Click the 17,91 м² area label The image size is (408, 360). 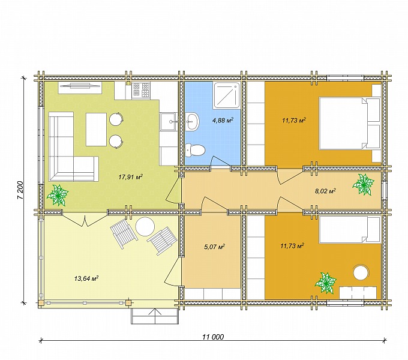(131, 177)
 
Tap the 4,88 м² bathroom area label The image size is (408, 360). (223, 120)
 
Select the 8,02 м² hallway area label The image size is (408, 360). (325, 191)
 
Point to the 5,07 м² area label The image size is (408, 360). (215, 247)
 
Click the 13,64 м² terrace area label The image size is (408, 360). (86, 278)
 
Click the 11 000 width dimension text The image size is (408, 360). (213, 337)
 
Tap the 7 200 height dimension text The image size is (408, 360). (20, 190)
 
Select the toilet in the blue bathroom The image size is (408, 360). (195, 150)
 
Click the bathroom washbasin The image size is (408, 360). (193, 121)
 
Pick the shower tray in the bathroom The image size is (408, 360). (226, 95)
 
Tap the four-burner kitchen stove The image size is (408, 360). (141, 90)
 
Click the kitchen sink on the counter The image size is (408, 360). (168, 121)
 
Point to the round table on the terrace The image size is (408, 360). (145, 227)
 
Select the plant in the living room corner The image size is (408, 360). (58, 195)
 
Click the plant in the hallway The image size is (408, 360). (363, 184)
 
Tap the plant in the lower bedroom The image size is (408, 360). (326, 283)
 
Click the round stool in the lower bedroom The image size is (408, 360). (361, 272)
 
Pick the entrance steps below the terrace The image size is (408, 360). (155, 316)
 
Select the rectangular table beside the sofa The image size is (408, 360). (96, 130)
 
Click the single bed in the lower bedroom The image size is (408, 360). (350, 229)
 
